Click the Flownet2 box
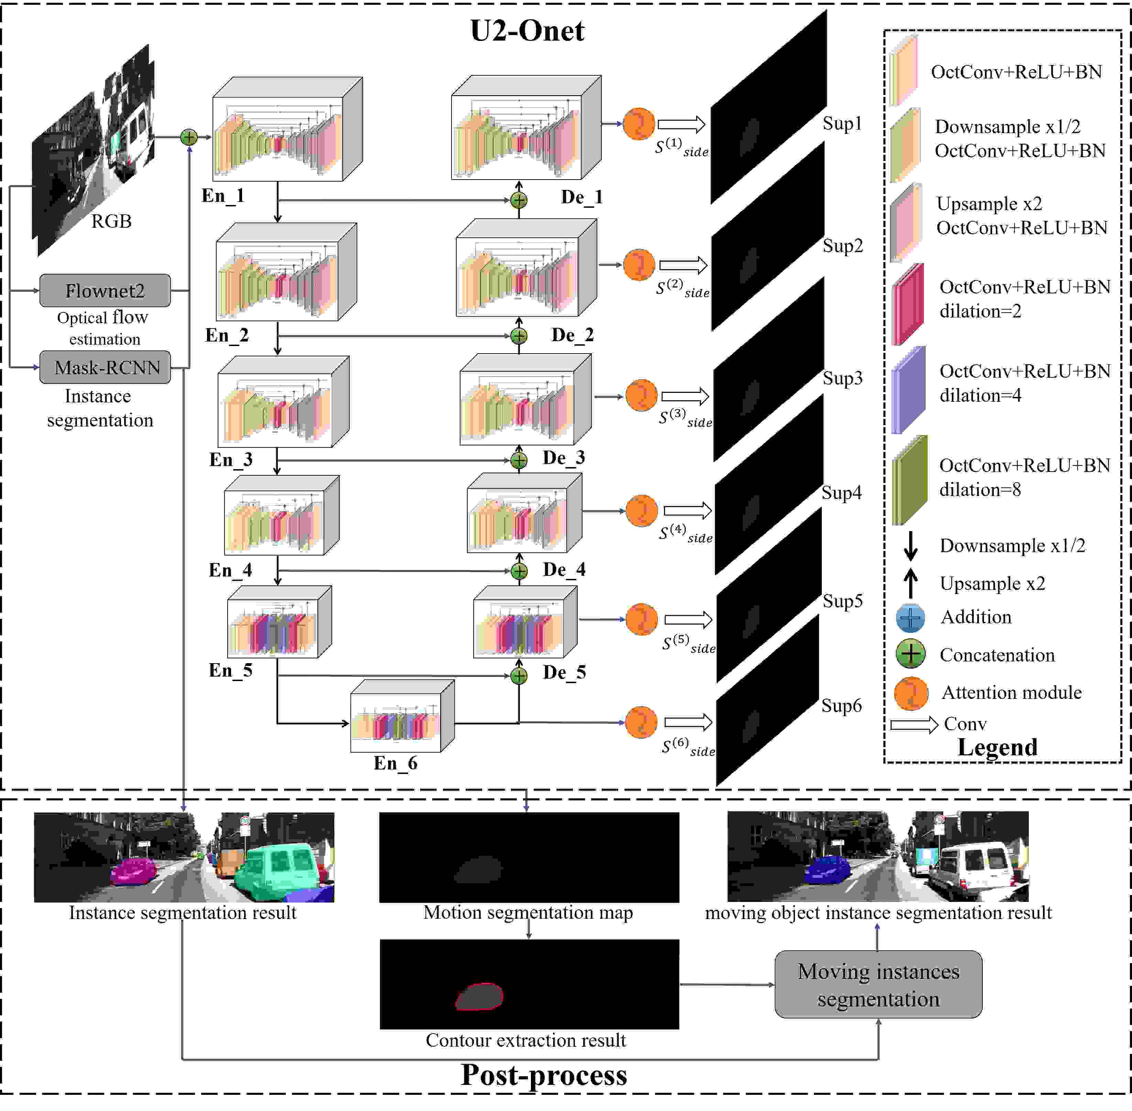click(105, 290)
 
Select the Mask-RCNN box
click(105, 367)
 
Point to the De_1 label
click(581, 197)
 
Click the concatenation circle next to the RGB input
click(188, 137)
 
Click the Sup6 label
click(841, 705)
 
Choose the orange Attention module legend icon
click(911, 693)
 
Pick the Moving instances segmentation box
click(878, 985)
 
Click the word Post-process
click(544, 1075)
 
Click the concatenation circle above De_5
click(519, 676)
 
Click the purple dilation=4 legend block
click(908, 389)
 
